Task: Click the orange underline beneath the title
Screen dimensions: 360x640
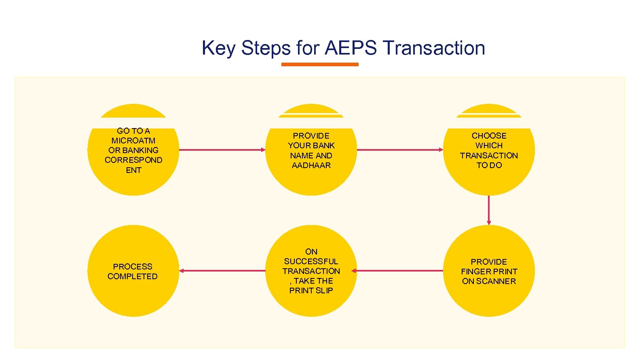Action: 320,64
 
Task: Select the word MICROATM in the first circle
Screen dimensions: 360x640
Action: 133,141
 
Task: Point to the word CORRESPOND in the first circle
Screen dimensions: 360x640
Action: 133,160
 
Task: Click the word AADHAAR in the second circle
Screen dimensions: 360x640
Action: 311,165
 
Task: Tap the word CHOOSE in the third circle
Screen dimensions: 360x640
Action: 489,136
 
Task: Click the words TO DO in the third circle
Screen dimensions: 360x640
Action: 489,165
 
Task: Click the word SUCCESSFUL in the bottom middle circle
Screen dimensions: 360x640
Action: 311,261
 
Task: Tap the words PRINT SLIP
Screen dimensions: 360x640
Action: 311,291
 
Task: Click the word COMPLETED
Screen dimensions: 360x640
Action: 133,276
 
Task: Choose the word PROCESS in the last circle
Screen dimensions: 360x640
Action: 133,267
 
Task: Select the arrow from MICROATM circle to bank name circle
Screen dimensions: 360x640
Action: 222,149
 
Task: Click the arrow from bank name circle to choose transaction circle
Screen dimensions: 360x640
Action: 400,149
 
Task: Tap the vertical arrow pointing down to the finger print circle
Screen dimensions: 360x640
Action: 489,210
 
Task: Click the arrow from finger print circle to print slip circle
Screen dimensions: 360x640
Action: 398,271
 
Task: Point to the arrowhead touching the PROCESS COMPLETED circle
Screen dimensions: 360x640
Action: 182,271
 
